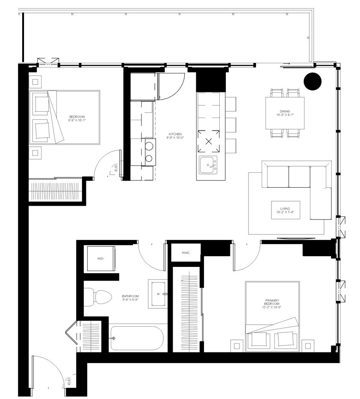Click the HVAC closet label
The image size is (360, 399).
186,253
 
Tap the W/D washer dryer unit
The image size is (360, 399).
101,259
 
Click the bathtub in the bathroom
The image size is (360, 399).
137,338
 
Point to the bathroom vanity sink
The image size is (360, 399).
158,294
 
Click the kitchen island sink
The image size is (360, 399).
208,165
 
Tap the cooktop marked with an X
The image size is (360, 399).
209,141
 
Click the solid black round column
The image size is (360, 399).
313,81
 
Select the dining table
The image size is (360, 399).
285,113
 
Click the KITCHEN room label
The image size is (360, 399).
175,134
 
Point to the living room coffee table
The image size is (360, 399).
286,210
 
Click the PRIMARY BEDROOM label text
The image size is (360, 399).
272,302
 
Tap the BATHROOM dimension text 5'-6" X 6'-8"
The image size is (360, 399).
130,299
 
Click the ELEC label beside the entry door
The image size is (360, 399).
69,381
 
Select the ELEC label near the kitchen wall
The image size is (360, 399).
116,167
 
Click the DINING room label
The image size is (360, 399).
285,112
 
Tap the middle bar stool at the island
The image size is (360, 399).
231,125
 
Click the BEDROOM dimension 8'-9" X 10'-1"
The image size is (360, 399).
77,120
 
